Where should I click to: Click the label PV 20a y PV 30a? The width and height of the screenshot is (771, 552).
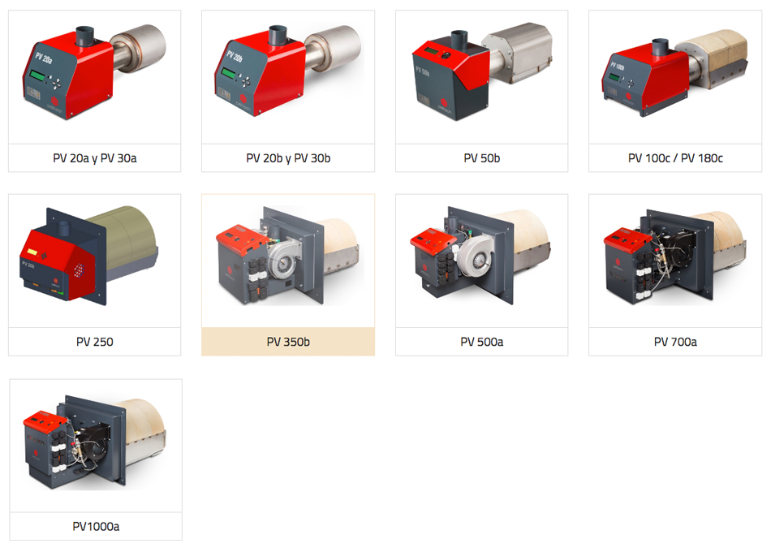pos(95,158)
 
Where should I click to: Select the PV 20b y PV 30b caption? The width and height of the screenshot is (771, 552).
pos(288,158)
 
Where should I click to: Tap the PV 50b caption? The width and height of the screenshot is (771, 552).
pos(481,158)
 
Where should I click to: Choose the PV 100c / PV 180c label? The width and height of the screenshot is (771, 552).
pos(675,158)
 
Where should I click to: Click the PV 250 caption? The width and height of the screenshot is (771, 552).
pos(95,342)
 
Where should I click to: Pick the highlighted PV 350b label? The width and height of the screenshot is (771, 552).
pos(288,342)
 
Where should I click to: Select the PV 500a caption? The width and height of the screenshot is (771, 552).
pos(481,342)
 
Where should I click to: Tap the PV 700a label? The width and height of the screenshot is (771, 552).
pos(675,342)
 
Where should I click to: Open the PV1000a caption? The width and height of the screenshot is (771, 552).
pos(96,526)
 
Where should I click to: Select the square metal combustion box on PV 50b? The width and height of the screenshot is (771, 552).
pos(518,50)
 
